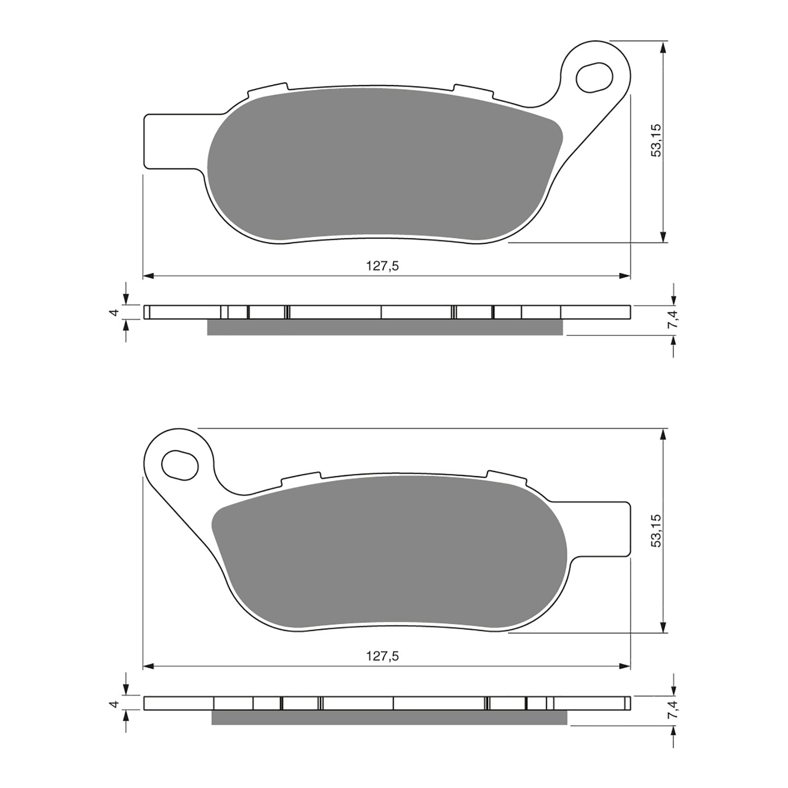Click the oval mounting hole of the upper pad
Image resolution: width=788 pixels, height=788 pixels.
point(594,77)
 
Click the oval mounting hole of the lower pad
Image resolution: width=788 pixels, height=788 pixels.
point(180,464)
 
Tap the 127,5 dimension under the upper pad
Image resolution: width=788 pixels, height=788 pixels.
point(382,266)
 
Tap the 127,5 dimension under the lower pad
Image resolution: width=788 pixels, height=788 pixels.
point(382,656)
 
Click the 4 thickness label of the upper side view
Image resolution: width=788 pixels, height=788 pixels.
point(115,312)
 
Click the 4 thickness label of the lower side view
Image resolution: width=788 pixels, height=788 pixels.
point(115,703)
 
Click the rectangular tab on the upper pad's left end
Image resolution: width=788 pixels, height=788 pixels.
point(167,141)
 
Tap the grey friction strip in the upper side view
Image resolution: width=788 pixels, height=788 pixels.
point(384,327)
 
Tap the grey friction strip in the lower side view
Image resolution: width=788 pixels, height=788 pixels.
point(389,718)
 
